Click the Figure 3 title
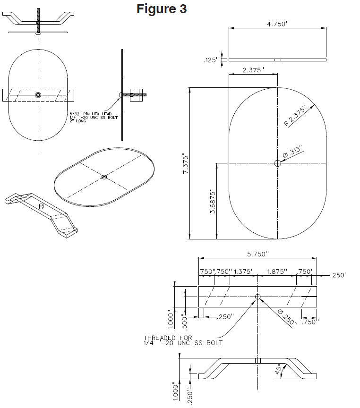(x=162, y=9)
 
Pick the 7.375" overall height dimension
(x=185, y=164)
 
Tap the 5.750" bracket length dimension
(x=257, y=254)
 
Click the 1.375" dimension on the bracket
(x=244, y=272)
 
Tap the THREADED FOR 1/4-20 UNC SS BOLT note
(x=183, y=340)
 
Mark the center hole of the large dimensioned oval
(x=277, y=163)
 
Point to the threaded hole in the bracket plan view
(x=257, y=297)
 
